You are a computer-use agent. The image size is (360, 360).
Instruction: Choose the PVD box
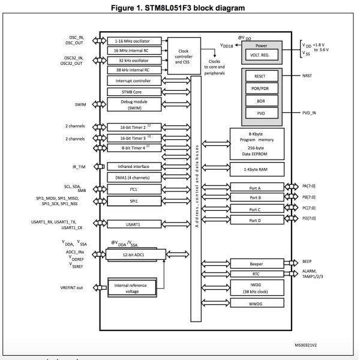point(260,113)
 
